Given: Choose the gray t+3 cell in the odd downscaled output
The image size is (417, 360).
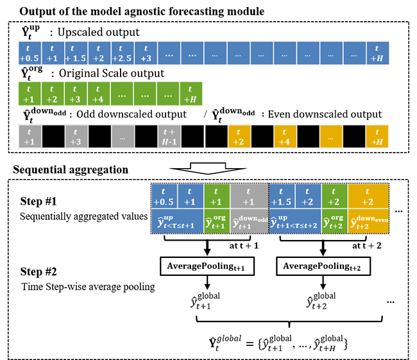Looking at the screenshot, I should pyautogui.click(x=76, y=137).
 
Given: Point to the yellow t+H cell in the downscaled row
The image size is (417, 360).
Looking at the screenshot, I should pyautogui.click(x=377, y=137).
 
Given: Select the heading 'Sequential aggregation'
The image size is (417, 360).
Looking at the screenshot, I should pyautogui.click(x=60, y=169).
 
